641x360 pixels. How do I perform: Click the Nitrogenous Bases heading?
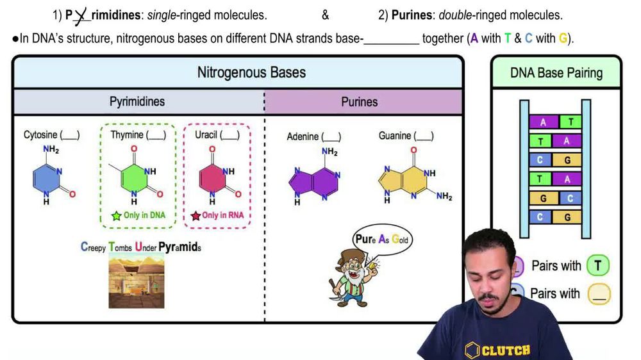[251, 72]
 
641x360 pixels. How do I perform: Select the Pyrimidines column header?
[137, 102]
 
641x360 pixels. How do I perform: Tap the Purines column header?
[359, 102]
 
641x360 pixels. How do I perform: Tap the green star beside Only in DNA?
[116, 216]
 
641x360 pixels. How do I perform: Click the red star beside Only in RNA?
[196, 216]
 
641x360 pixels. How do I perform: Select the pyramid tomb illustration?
[136, 281]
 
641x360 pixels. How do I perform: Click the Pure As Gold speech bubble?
[382, 240]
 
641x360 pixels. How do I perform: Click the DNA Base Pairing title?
[556, 72]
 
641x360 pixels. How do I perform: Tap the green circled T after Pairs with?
[597, 266]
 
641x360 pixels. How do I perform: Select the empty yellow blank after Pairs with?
[599, 294]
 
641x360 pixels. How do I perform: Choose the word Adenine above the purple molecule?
[303, 136]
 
